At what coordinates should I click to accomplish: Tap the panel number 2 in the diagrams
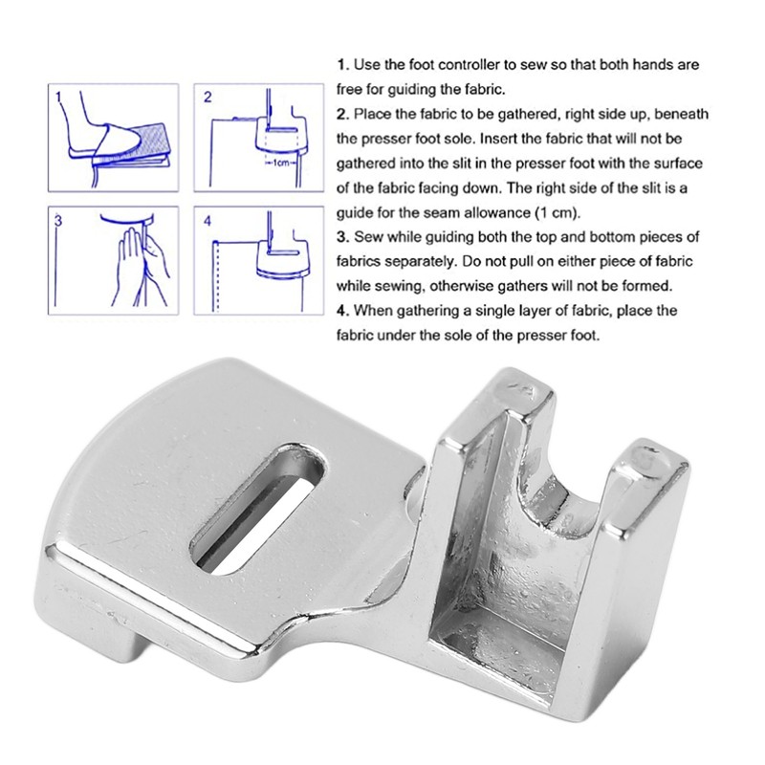pyautogui.click(x=208, y=98)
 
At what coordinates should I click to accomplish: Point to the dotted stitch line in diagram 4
pyautogui.click(x=219, y=277)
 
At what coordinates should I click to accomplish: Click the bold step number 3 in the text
pyautogui.click(x=340, y=235)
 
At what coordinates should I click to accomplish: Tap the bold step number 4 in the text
pyautogui.click(x=340, y=311)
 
